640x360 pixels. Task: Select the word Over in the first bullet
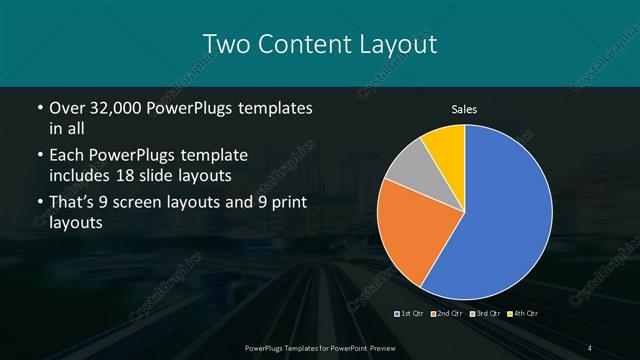click(x=67, y=107)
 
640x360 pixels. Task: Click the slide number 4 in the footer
click(x=590, y=346)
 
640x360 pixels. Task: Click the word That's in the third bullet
click(x=74, y=204)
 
